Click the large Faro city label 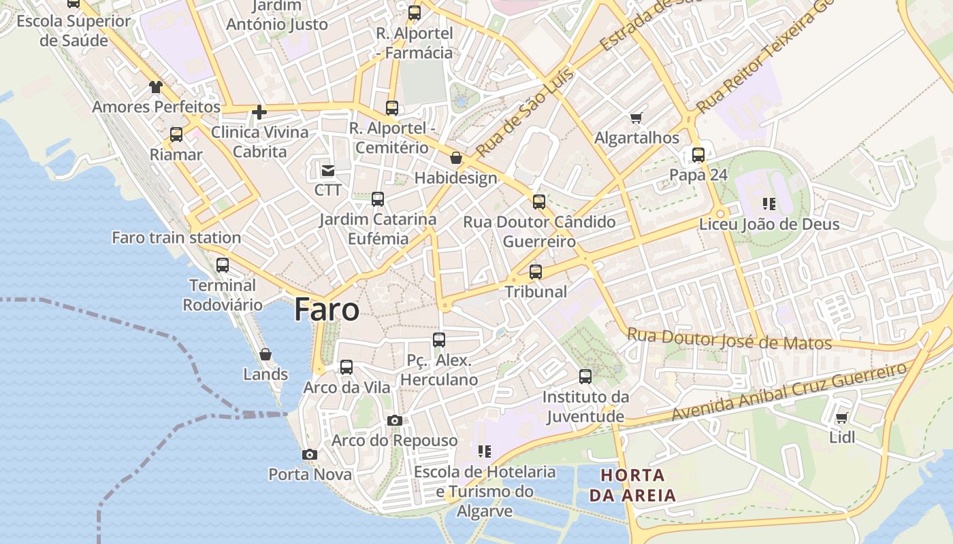[327, 310]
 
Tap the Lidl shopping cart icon [842, 418]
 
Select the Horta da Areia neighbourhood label [632, 485]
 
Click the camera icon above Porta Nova [310, 454]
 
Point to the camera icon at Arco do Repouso [395, 421]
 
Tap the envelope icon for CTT [328, 170]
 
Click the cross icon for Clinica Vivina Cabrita [259, 112]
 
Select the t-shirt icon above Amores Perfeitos [156, 87]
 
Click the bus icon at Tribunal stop [536, 272]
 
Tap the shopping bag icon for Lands [265, 354]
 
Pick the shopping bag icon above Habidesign [456, 158]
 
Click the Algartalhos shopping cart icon [636, 118]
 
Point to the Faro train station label [176, 237]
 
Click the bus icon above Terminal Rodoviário [223, 265]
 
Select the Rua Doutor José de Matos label [729, 339]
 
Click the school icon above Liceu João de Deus [769, 203]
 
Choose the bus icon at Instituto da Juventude [585, 377]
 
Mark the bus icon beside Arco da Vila [346, 367]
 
